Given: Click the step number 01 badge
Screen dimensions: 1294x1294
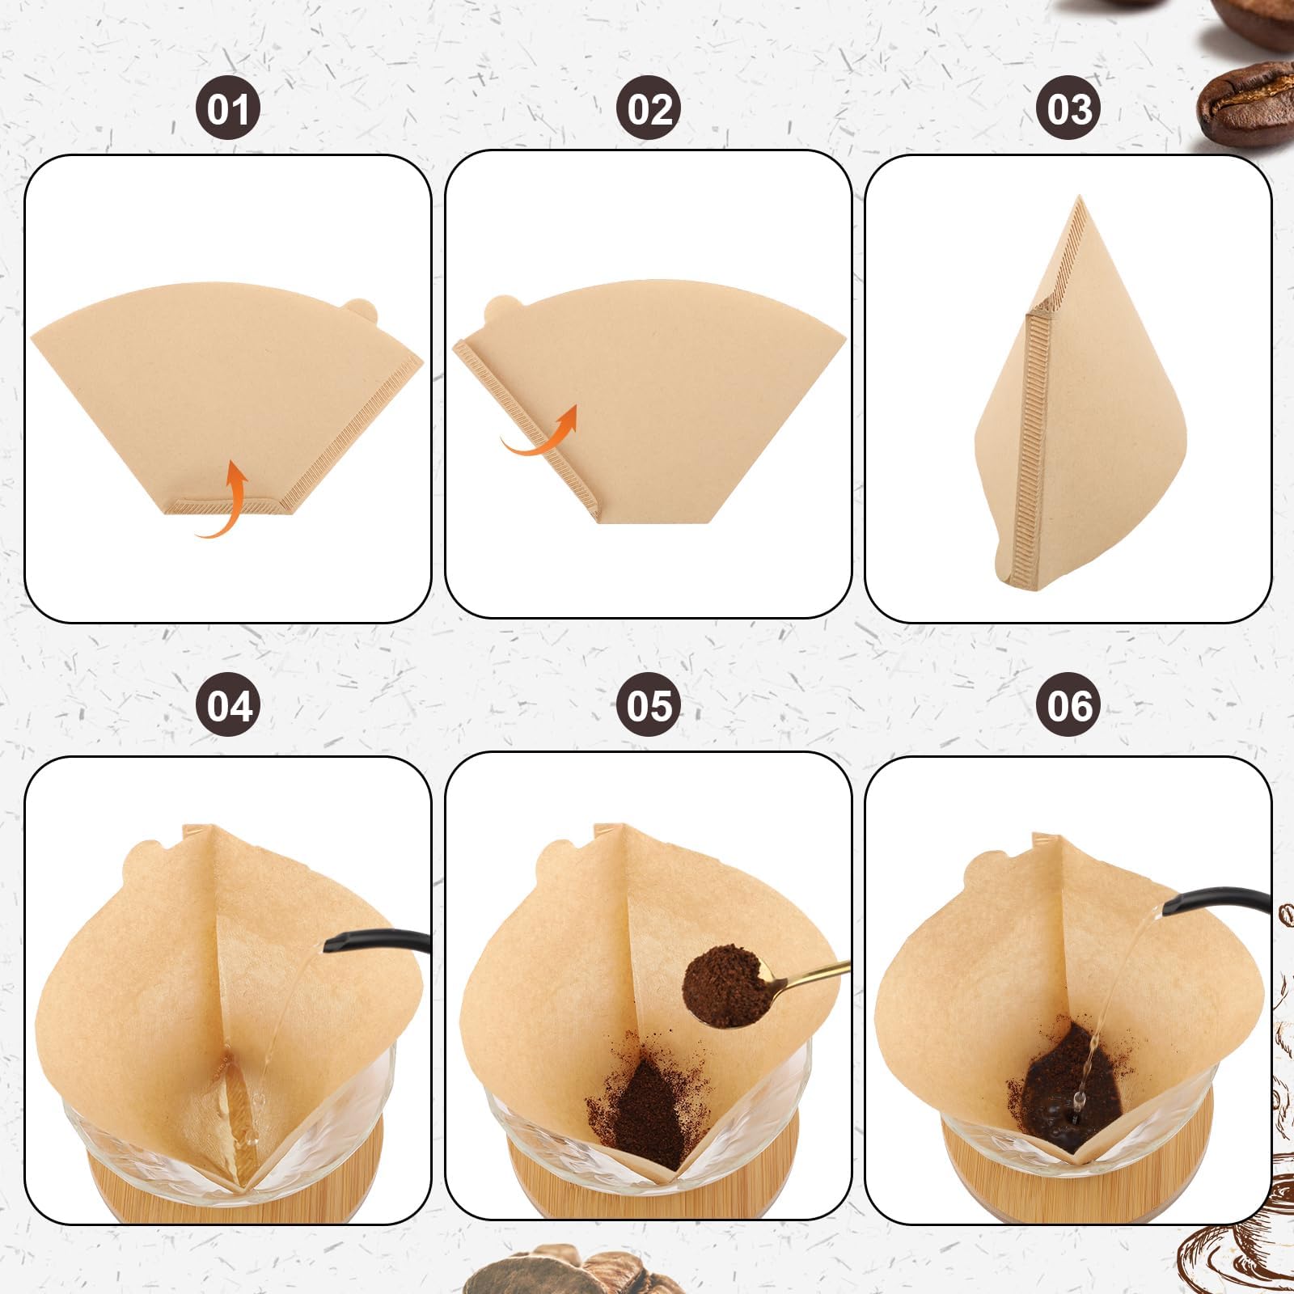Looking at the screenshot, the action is (x=228, y=108).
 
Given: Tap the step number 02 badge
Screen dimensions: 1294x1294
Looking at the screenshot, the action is (x=649, y=108).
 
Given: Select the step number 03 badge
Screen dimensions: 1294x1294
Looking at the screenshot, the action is (x=1069, y=108).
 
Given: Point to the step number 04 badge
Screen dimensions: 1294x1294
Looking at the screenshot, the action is (x=229, y=704).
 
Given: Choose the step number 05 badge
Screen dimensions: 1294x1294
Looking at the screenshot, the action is (x=649, y=704).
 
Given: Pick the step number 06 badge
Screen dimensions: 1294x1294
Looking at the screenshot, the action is (x=1069, y=704).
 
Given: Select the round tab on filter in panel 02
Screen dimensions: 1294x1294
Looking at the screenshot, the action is (x=500, y=308).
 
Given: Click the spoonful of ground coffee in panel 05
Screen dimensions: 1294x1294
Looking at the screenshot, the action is (x=723, y=987).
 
